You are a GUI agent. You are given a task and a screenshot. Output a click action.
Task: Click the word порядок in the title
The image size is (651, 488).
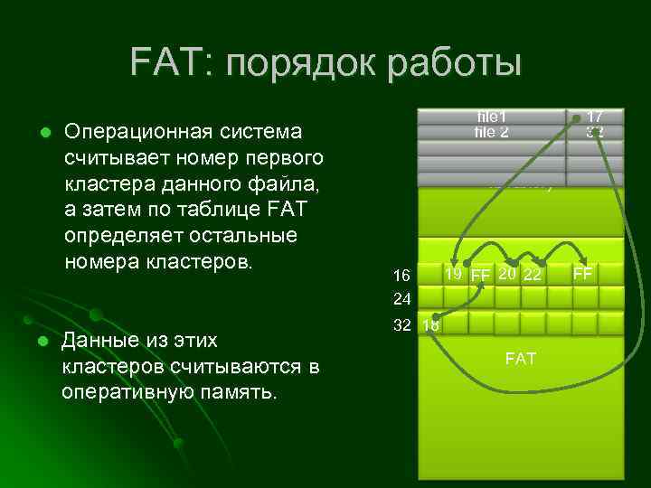tap(297, 64)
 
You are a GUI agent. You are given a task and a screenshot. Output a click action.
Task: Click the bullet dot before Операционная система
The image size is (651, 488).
tap(42, 133)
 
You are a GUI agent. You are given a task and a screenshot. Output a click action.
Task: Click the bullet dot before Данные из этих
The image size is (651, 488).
tap(42, 342)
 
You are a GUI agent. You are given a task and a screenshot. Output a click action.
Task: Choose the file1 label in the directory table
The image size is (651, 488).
tap(492, 117)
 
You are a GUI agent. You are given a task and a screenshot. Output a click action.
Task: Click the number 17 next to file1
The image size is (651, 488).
tap(594, 117)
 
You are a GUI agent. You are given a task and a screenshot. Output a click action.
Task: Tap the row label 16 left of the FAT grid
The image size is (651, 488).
tap(402, 274)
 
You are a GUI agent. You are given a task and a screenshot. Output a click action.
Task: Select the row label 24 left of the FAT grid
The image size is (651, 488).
tap(402, 297)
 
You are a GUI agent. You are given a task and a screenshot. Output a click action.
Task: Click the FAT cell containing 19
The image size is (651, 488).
tap(455, 273)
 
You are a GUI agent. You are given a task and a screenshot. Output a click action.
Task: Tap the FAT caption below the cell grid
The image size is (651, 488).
tap(520, 360)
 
